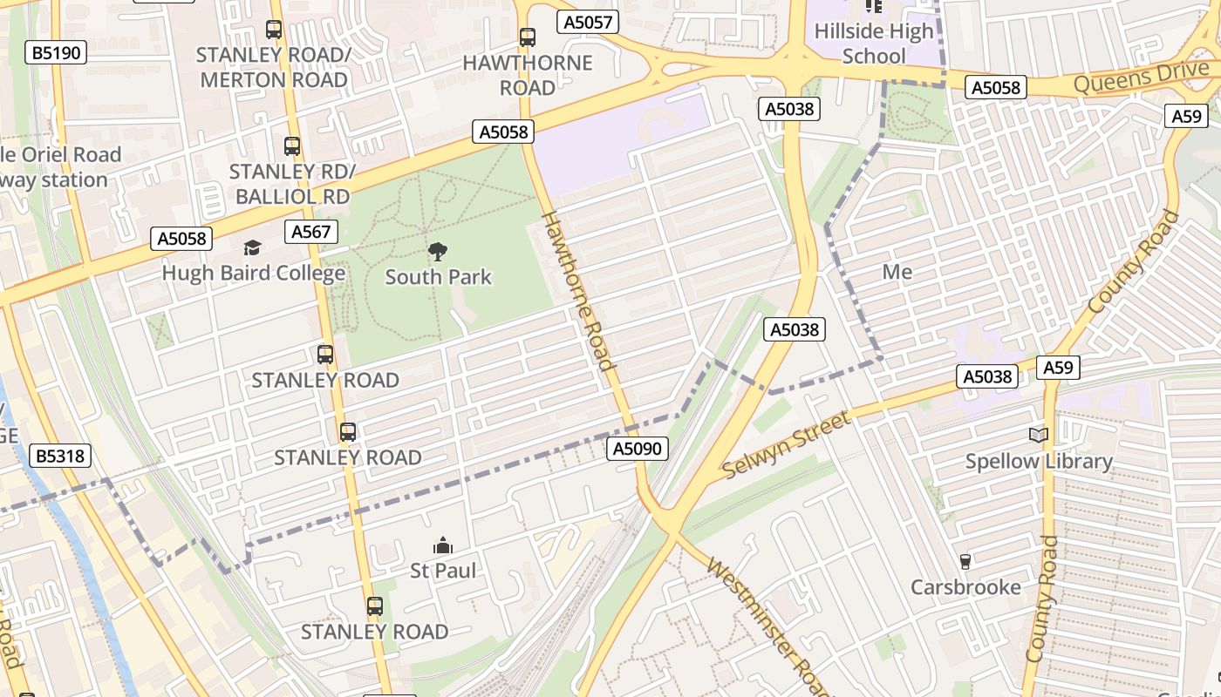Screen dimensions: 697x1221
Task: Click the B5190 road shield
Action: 57,53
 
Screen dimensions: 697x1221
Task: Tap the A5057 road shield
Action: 589,23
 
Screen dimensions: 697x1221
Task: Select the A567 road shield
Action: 311,232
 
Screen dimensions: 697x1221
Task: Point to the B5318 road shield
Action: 60,456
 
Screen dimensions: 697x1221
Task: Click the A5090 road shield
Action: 638,449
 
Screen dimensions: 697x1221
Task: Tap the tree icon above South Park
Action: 438,252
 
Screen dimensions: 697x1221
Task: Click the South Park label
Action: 438,277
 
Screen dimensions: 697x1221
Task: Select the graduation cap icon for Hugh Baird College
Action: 253,248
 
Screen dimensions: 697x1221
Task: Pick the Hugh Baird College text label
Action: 253,274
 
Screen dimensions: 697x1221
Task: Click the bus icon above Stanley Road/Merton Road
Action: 274,30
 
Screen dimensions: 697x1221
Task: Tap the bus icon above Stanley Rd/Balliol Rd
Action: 292,146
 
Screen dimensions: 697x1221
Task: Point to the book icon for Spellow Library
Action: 1038,435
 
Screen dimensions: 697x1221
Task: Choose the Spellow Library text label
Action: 1039,461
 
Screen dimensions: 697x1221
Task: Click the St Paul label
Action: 443,571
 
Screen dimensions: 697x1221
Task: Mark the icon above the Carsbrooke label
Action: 965,562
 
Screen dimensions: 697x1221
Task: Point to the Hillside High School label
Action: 874,44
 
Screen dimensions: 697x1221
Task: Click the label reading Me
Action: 897,272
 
